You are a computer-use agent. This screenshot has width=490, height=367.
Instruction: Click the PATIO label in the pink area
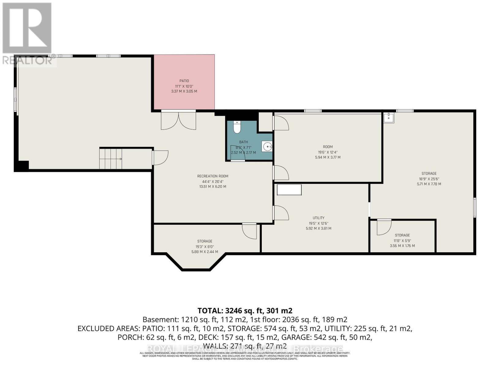184,81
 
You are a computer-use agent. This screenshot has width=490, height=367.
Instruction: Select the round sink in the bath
267,146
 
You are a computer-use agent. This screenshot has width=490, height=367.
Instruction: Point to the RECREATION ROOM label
213,176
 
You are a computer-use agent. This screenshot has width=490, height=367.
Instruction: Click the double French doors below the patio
179,120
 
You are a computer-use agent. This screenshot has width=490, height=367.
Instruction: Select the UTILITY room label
318,218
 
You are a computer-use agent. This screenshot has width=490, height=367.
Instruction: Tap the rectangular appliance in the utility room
289,190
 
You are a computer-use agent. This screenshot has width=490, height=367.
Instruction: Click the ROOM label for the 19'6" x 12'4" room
328,147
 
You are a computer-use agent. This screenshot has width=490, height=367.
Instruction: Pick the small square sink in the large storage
389,117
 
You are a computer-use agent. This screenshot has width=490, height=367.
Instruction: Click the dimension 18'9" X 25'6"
429,179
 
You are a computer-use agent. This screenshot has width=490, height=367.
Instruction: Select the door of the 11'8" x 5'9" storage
384,227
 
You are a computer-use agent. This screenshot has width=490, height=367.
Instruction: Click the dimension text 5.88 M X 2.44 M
205,252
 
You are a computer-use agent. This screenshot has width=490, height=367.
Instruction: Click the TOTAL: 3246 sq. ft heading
245,311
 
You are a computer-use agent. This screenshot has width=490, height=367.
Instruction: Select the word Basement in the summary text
160,320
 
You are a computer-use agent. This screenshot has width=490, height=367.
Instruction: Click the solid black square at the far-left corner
21,166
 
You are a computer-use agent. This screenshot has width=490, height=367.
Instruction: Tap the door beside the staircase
160,158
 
